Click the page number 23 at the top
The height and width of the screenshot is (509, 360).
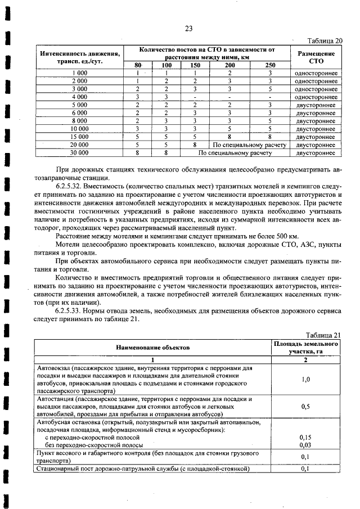pos(188,30)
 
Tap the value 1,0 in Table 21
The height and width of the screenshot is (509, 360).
pos(305,379)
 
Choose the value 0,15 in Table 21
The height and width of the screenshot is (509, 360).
pos(305,436)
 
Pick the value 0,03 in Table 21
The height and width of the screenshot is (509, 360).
pos(305,444)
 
